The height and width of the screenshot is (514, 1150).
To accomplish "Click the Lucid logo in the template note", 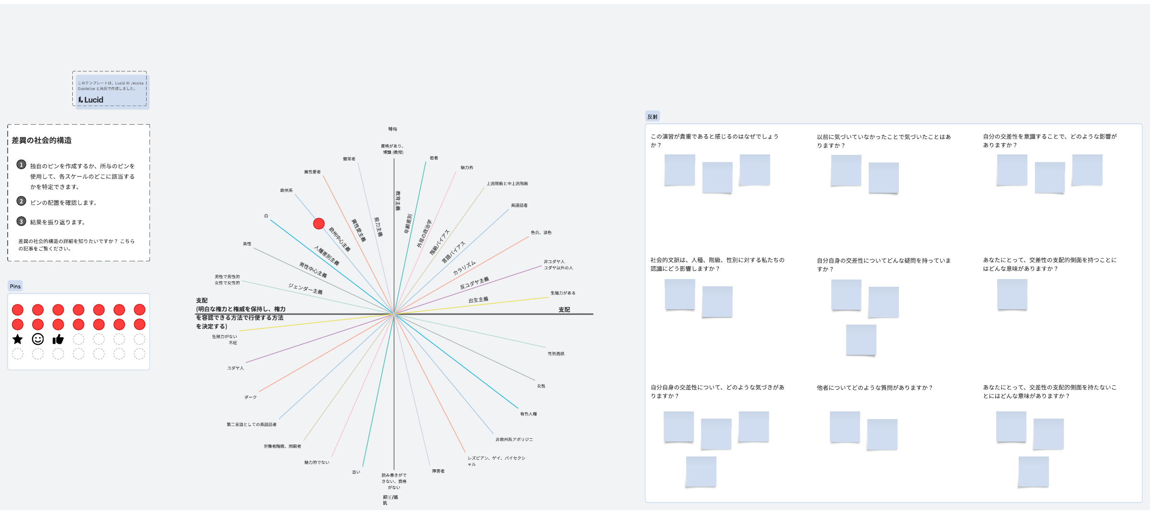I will pos(91,100).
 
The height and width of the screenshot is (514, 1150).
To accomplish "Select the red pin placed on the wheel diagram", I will pos(319,223).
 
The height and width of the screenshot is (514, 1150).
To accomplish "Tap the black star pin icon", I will pos(18,339).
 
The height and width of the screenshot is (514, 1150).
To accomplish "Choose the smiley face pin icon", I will pos(38,339).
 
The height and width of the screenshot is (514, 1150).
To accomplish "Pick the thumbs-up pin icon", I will pos(58,339).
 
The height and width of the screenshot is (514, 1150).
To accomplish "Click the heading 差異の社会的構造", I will pos(42,140).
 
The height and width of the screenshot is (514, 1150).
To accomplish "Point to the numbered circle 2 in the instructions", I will pos(21,201).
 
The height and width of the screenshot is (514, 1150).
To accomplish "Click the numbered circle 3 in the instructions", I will pos(21,222).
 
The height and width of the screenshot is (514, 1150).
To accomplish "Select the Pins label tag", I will pos(15,286).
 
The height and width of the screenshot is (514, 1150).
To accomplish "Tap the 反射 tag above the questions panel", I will pos(653,117).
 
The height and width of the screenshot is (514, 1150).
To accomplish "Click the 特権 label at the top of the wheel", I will pos(392,129).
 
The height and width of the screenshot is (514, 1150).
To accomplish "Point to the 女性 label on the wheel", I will pos(541,386).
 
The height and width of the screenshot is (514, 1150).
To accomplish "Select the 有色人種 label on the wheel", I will pos(529,414).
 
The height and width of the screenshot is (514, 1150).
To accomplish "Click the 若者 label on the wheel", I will pos(434,158).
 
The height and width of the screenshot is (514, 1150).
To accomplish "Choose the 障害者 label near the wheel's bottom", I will pos(438,471).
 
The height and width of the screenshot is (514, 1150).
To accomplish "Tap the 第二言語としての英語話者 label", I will pos(252,424).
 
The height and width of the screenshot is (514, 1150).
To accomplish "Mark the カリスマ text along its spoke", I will pos(464,268).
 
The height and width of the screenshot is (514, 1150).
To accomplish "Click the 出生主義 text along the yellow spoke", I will pos(478,300).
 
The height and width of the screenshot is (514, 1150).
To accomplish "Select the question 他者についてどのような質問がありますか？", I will pos(874,388).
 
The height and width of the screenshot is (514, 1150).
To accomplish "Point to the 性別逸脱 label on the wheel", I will pos(556,354).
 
